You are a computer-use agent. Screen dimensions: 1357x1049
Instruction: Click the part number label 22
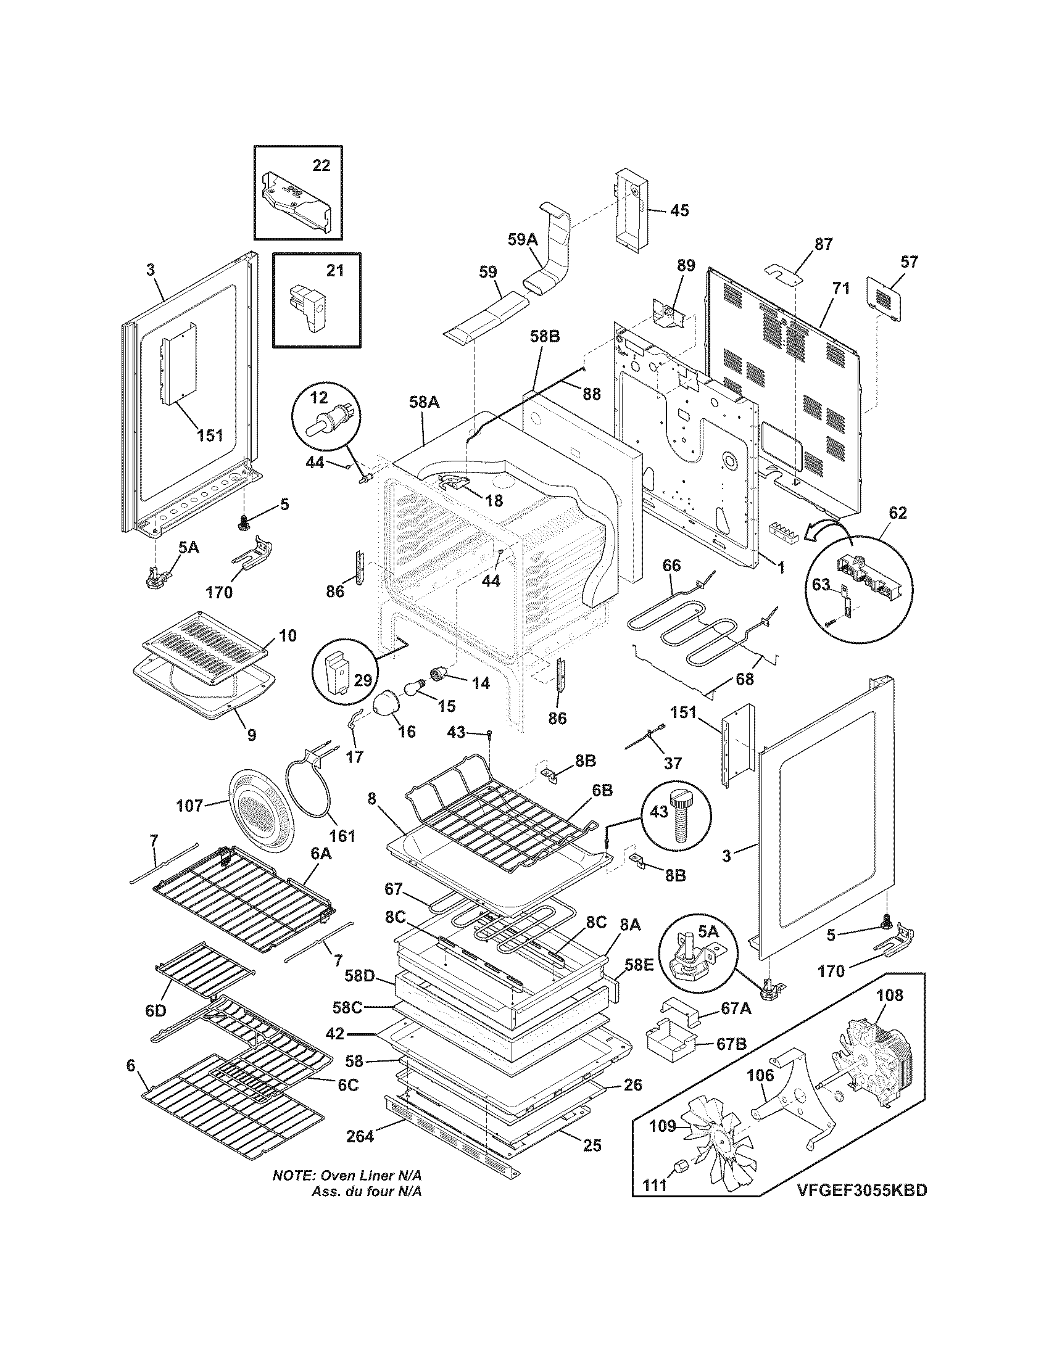click(321, 165)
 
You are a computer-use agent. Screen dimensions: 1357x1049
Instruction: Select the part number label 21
click(334, 271)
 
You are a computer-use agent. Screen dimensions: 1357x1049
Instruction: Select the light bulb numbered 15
click(415, 687)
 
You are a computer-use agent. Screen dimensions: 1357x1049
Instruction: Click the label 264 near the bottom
click(360, 1136)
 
